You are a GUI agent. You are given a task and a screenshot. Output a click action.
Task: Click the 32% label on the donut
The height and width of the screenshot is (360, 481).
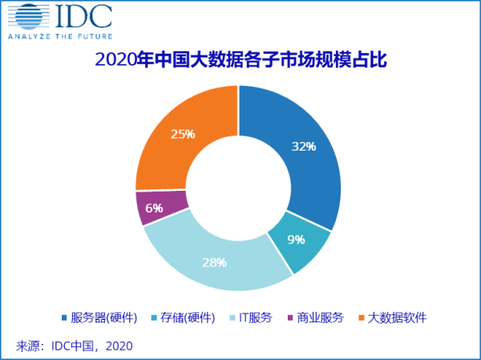pyautogui.click(x=303, y=147)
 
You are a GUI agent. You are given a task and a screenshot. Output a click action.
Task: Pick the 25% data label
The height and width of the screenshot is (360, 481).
pyautogui.click(x=183, y=134)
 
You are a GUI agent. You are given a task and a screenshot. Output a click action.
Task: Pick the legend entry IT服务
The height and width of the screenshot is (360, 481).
pyautogui.click(x=254, y=318)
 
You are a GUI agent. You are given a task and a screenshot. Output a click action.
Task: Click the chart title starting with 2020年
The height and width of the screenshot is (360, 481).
pyautogui.click(x=240, y=60)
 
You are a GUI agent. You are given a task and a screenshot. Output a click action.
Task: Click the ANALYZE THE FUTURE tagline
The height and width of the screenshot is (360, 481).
pyautogui.click(x=59, y=36)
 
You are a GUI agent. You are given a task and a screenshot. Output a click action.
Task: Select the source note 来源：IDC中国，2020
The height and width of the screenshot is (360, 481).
pyautogui.click(x=74, y=346)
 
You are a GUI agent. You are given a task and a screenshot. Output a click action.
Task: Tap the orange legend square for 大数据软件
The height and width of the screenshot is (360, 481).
pyautogui.click(x=362, y=318)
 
